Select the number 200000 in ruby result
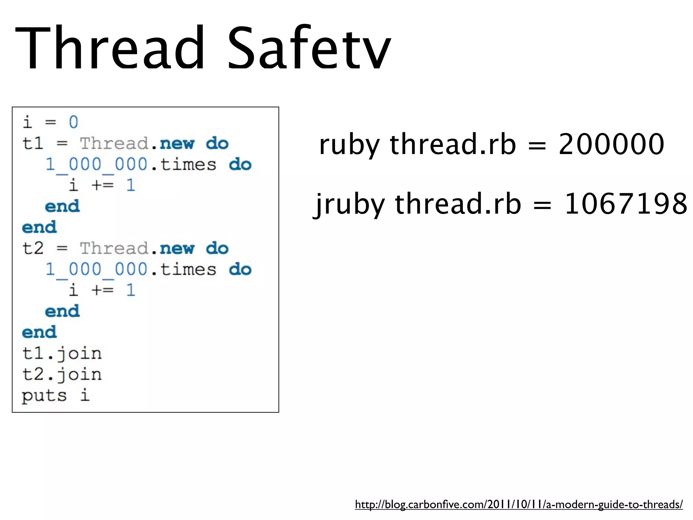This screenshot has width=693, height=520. [611, 144]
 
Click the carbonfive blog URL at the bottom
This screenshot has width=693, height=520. [519, 505]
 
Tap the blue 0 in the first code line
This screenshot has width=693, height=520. [73, 122]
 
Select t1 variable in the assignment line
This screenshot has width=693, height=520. [33, 143]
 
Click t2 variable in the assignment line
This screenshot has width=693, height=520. [33, 248]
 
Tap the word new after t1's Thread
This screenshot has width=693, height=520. [177, 144]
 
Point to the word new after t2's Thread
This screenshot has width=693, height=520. [177, 248]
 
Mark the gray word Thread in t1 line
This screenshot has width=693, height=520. [114, 144]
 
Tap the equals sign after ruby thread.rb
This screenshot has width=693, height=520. [537, 146]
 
